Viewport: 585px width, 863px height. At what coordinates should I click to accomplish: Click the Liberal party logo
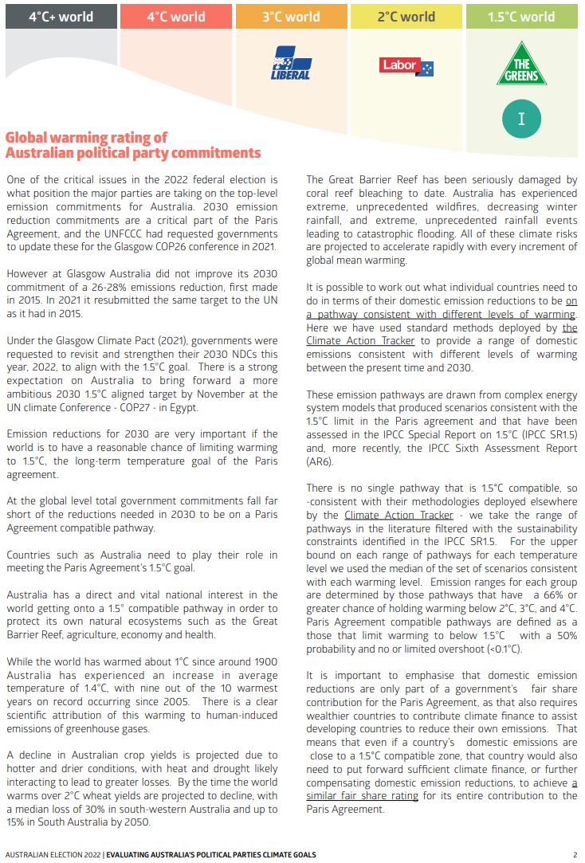point(292,64)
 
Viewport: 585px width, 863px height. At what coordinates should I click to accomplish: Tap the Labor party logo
point(406,67)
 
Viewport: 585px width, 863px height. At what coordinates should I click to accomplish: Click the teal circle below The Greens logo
point(521,119)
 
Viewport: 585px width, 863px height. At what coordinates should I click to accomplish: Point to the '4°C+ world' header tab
point(61,16)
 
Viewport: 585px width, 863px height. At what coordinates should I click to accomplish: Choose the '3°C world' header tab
point(291,16)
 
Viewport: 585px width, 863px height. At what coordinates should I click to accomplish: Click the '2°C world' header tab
point(406,16)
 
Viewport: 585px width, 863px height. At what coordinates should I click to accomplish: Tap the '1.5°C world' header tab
point(521,16)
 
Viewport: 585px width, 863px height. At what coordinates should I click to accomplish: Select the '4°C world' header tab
point(176,16)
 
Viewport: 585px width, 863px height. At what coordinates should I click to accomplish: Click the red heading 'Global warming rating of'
point(86,137)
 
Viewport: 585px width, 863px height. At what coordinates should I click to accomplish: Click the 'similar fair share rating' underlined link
point(363,795)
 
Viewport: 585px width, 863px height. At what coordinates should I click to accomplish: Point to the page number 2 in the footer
point(575,854)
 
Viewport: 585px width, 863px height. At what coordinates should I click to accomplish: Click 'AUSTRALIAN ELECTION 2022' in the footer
point(50,854)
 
